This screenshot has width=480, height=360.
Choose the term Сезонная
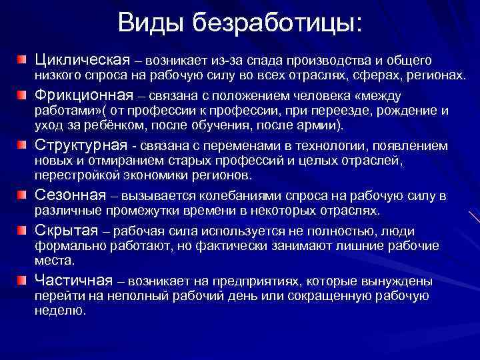tap(70, 195)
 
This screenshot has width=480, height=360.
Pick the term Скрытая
tap(69, 230)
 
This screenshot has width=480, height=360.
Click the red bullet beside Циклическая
tap(23, 61)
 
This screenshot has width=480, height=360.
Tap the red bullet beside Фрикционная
tap(23, 95)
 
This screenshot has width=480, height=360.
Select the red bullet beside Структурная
tap(23, 145)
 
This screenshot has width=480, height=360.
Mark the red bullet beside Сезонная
tap(23, 195)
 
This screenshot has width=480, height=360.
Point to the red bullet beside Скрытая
tap(23, 230)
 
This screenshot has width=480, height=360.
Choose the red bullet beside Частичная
tap(23, 280)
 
